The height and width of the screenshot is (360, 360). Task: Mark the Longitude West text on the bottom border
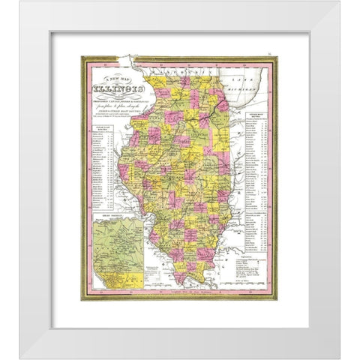click(x=180, y=293)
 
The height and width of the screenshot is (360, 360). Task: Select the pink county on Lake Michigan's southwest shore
click(x=223, y=105)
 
